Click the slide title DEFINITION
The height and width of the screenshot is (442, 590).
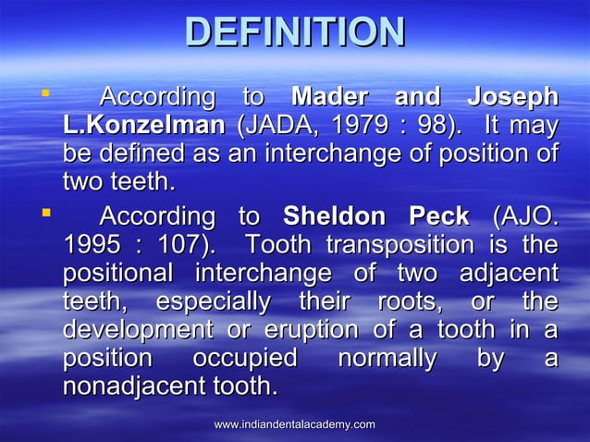pos(295,33)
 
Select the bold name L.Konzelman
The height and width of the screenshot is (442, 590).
pos(143,125)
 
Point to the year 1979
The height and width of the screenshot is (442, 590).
pos(369,125)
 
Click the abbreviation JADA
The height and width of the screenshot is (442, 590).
pos(271,125)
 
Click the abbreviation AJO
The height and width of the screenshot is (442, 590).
pos(526,217)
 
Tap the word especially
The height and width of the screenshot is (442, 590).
pos(213,302)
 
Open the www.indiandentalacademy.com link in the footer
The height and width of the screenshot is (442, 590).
pos(294,424)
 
